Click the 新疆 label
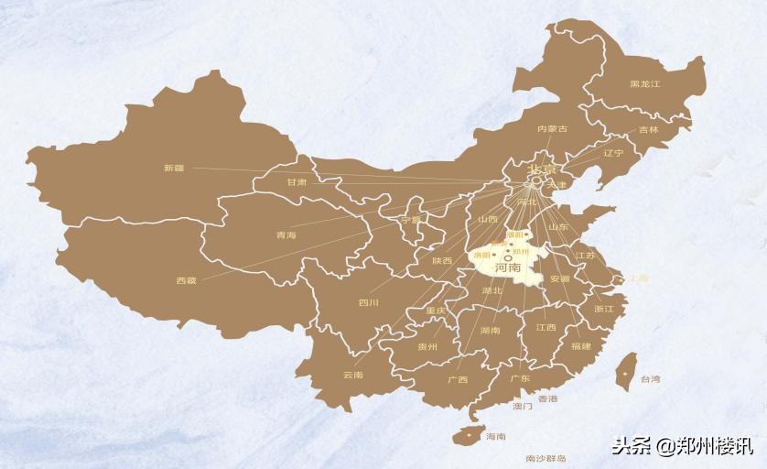174,168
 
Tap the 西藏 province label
186,280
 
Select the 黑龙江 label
644,84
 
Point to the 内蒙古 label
552,129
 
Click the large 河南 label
507,268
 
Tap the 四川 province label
369,302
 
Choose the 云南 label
352,375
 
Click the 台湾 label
650,378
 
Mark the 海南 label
495,437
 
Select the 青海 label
286,235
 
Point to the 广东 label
520,378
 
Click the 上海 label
638,278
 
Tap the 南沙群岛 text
546,458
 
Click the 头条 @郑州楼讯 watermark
682,446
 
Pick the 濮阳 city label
515,235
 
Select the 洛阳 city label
482,256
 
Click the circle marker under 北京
536,181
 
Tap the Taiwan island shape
627,371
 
